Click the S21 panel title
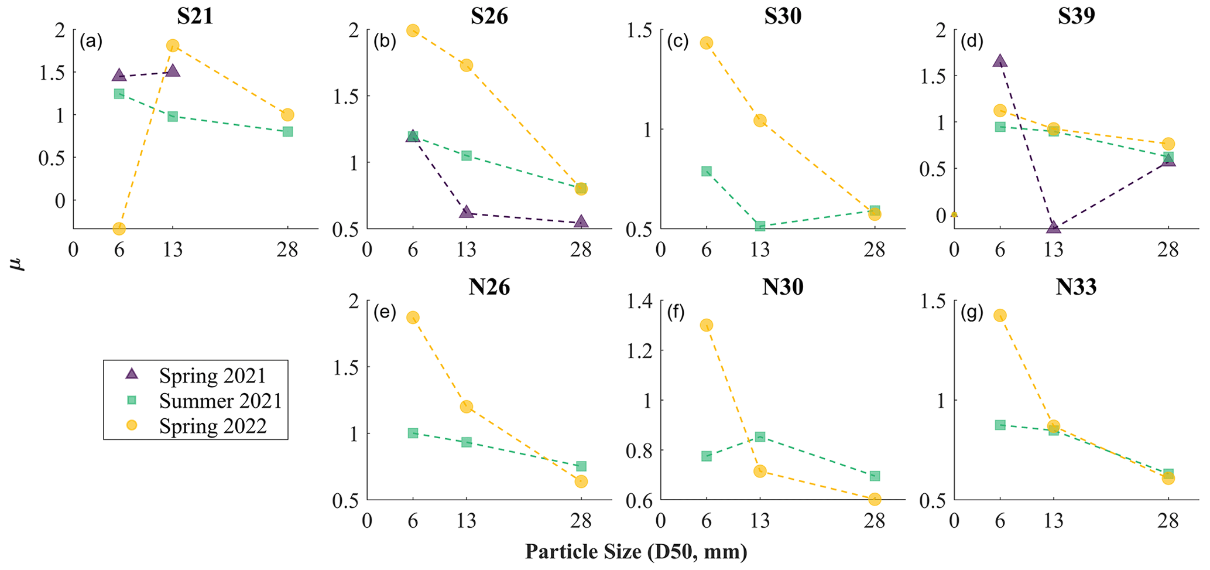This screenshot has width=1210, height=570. pos(195,16)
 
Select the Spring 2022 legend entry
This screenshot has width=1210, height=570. pos(212,426)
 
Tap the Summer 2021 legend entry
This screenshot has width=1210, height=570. pos(220,401)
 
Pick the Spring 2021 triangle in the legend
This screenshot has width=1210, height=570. pos(132,374)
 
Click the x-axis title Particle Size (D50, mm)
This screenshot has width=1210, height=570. pos(636,552)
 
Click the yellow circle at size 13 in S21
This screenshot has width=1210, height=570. pos(173,46)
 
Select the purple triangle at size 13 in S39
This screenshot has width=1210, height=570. pos(1054,227)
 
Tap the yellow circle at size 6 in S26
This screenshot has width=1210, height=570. pos(413,30)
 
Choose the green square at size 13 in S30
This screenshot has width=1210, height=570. pos(760,226)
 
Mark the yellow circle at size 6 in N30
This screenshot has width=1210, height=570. pos(707,325)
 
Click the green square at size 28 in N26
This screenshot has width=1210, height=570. pos(581,466)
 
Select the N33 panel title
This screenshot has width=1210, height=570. pos(1076,287)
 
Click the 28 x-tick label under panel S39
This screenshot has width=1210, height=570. pos(1168,250)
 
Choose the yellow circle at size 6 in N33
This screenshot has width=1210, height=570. pos(1000,315)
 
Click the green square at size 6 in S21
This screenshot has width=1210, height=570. pos(119,94)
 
